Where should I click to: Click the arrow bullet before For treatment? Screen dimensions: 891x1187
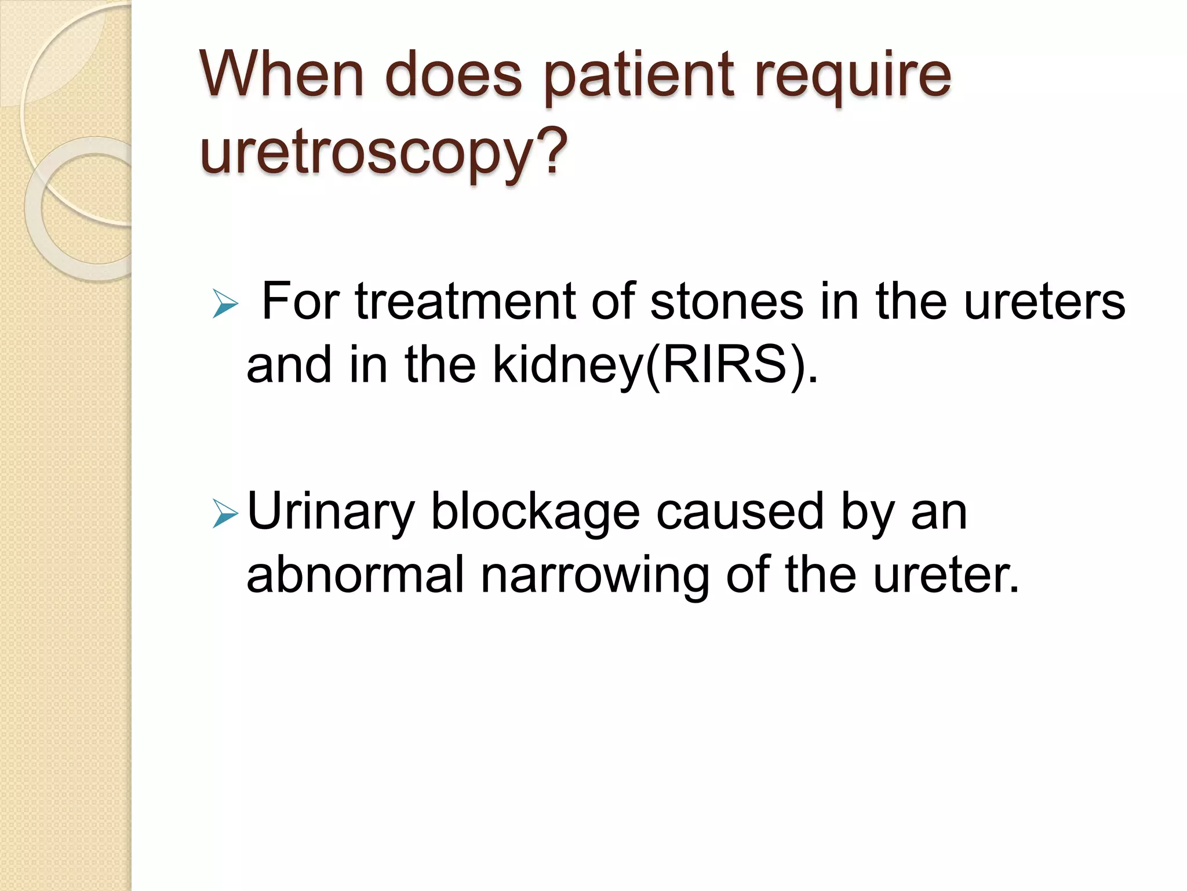pos(225,304)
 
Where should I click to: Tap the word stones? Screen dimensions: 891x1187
pos(727,302)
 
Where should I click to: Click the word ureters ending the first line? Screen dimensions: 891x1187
pos(1044,302)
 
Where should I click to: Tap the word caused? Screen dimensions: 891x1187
pos(740,512)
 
